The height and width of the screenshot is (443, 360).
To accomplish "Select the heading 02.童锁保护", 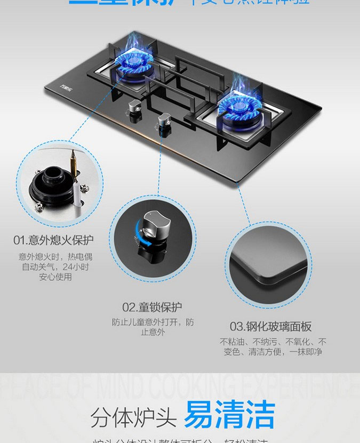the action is coord(152,307).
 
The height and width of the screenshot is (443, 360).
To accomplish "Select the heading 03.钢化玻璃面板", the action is coord(270,326).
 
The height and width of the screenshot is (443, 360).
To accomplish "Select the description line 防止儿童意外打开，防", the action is coord(153,322).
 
